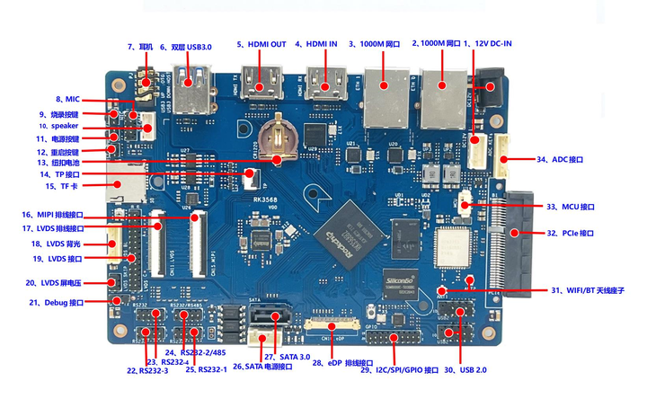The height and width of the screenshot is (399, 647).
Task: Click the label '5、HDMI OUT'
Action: pos(261,44)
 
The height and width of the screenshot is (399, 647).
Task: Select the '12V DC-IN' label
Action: pos(491,44)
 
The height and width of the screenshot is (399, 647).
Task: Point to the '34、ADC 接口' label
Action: pos(560,159)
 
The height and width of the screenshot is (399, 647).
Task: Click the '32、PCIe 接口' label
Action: pos(571,234)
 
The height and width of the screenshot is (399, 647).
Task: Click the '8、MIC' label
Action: pos(67,99)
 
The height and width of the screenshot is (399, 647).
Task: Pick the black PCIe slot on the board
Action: pos(510,238)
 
